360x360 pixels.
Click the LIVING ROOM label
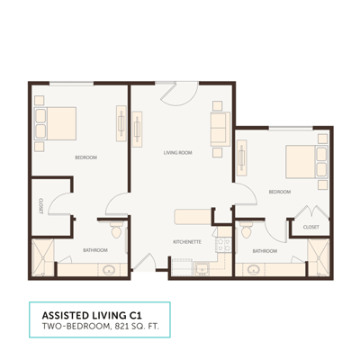coord(178,154)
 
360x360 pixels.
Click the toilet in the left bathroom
coord(113,222)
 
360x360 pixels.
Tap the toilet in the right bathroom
coord(246,230)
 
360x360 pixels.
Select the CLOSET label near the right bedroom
coord(311,228)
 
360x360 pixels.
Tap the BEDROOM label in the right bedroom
coord(279,192)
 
